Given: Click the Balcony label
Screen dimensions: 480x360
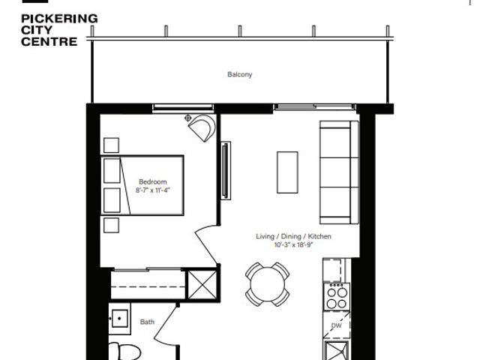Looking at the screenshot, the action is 240,74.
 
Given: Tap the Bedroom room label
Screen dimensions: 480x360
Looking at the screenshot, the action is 153,181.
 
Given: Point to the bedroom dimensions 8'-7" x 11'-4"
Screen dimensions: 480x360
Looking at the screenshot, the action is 153,190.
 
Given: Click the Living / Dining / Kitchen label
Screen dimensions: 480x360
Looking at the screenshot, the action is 293,236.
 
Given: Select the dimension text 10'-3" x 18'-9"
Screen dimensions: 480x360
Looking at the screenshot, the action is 293,244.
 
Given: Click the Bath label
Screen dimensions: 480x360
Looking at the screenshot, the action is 147,322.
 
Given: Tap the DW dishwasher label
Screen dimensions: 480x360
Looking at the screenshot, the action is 337,325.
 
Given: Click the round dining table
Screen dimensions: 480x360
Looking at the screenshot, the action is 268,284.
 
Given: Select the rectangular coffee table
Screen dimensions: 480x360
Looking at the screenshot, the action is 287,172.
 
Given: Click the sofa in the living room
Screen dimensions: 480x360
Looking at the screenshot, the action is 339,172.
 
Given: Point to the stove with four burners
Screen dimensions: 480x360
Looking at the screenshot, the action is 337,297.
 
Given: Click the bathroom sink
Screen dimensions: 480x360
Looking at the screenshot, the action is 120,318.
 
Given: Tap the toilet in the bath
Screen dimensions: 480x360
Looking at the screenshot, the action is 124,352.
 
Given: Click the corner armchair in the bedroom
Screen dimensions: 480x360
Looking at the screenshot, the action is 202,127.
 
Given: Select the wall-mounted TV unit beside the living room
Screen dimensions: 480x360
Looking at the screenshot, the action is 226,170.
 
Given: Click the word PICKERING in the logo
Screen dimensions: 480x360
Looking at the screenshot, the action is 59,19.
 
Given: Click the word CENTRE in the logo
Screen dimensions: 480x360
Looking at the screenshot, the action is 49,42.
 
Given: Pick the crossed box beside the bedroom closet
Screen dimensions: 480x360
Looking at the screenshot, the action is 202,285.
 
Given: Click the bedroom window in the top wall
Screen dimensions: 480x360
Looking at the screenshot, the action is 183,107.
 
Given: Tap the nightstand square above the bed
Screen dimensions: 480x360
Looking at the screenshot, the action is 111,145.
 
